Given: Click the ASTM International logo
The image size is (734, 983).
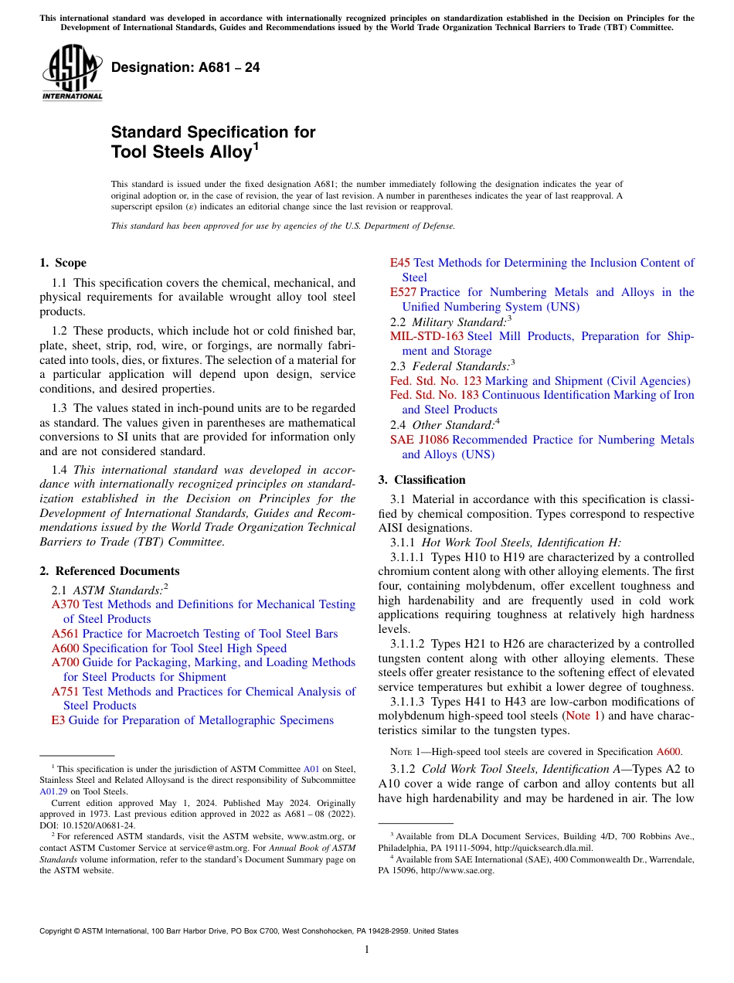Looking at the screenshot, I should click(x=72, y=74).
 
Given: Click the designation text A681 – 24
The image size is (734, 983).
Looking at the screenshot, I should click(x=185, y=68).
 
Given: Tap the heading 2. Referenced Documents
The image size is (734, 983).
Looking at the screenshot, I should click(x=109, y=571).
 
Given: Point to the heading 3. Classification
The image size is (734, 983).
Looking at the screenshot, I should click(x=422, y=480).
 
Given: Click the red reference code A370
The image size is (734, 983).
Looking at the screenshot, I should click(x=65, y=604).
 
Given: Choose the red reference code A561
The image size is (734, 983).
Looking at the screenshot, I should click(x=65, y=634).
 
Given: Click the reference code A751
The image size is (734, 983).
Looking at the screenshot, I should click(x=65, y=692).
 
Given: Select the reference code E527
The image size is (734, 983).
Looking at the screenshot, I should click(x=403, y=292).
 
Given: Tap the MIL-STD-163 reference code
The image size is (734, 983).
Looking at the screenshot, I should click(x=426, y=336).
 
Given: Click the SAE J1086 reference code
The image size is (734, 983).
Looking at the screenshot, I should click(x=419, y=440).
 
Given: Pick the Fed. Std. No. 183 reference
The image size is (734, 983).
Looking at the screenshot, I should click(x=434, y=395).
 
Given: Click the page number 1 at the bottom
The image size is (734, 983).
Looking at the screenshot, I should click(x=367, y=950).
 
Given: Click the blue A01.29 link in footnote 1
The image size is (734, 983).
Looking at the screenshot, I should click(x=53, y=791).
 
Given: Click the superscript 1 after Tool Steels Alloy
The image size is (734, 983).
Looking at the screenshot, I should click(x=256, y=145).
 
